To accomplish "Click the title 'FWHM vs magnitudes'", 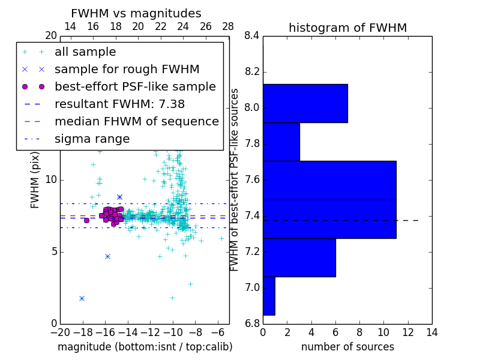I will (x=136, y=13).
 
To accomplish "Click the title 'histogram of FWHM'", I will (x=347, y=28).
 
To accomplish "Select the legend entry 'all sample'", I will (x=85, y=52).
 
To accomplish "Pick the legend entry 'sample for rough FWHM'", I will (x=127, y=69).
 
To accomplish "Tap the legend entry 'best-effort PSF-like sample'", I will (x=135, y=86).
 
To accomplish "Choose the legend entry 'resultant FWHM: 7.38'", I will (x=119, y=104).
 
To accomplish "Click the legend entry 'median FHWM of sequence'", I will (x=136, y=121).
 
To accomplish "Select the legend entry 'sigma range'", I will (x=92, y=139).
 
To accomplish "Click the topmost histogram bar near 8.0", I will (x=305, y=103).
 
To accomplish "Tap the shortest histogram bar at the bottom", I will (x=269, y=296).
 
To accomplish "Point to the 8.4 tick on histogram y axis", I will (x=252, y=36).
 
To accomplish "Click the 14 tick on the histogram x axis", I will (x=431, y=332).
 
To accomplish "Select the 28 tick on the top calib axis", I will (x=228, y=26).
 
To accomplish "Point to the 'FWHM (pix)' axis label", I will (x=35, y=180).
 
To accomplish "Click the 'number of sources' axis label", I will (x=347, y=347).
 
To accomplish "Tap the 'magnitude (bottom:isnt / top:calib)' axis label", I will (x=145, y=347).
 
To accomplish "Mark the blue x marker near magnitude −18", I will (x=82, y=298).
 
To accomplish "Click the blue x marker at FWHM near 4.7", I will (x=107, y=256).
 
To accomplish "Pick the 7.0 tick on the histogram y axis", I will (x=252, y=288).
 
